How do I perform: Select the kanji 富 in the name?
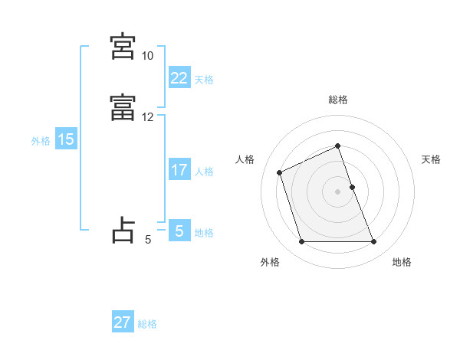pos(123,107)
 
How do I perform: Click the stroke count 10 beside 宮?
pos(147,56)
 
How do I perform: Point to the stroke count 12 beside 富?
pos(147,117)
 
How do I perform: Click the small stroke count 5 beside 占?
pos(148,240)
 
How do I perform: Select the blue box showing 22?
pos(179,77)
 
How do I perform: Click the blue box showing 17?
pos(179,170)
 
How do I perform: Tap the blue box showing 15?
pos(65,139)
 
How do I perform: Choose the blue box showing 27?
pos(123,322)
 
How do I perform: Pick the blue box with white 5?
pos(179,231)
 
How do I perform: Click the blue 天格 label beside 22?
pos(204,80)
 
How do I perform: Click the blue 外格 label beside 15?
pos(40,141)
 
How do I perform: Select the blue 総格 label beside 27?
pos(147,325)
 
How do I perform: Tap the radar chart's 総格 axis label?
pos(338,100)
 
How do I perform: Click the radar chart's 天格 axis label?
pos(432,159)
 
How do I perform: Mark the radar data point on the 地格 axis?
pos(374,242)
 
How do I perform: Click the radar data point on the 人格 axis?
pos(280,172)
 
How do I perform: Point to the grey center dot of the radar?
pos(338,191)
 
